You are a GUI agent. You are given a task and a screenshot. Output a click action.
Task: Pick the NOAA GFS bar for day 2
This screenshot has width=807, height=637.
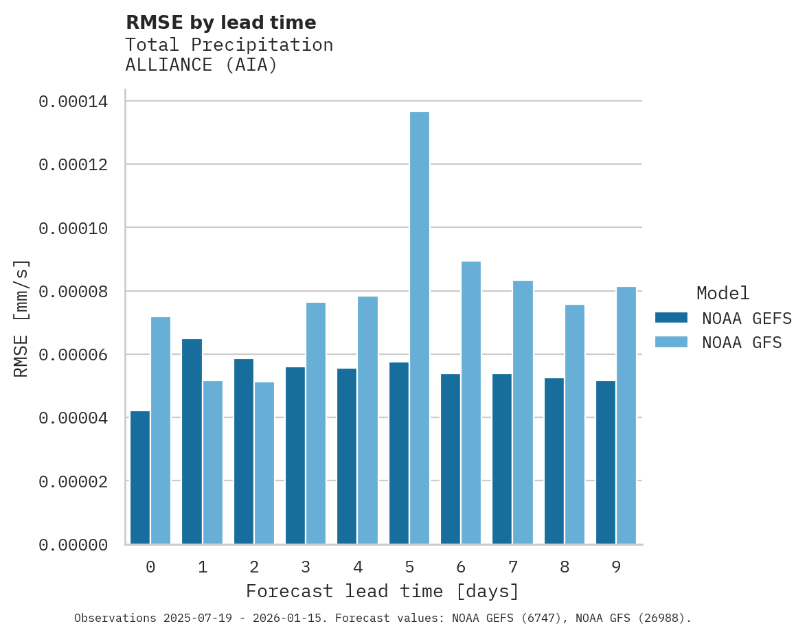[x=264, y=463]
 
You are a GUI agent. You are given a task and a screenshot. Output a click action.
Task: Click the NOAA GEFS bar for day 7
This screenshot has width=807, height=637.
[x=502, y=459]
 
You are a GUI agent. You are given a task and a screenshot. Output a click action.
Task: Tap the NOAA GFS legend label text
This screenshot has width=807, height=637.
[x=742, y=342]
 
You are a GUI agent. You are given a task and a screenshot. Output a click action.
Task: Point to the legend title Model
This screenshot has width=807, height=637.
[x=723, y=293]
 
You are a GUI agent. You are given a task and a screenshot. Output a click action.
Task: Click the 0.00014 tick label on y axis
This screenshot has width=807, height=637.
[x=73, y=102]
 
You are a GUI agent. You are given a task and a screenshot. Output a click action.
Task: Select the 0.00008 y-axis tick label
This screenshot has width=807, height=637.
[x=73, y=292]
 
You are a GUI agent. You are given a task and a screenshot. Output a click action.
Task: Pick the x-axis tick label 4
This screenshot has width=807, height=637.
[x=358, y=567]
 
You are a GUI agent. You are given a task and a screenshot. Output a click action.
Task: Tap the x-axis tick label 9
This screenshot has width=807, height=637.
[x=616, y=567]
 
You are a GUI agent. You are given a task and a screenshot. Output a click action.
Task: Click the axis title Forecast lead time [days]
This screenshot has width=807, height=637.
[x=383, y=591]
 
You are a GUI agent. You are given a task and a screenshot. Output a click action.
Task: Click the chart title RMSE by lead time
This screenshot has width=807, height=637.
[x=220, y=23]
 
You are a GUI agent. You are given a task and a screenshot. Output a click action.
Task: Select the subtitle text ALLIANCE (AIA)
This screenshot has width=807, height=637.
[x=201, y=65]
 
